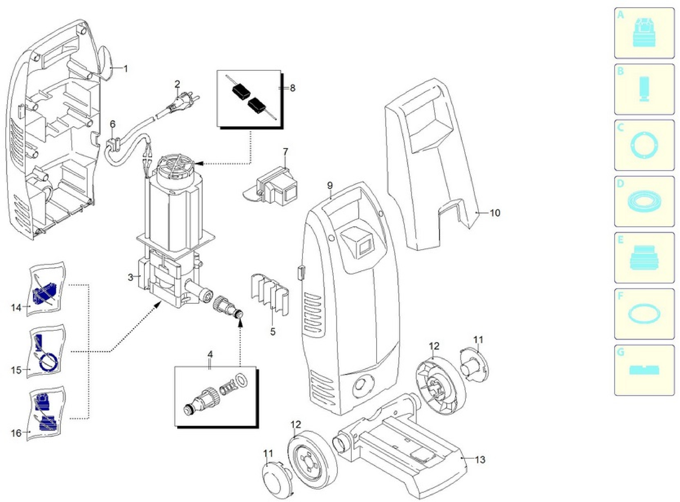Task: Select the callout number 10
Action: click(495, 213)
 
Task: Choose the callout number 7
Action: click(285, 151)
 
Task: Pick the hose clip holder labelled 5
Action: click(270, 294)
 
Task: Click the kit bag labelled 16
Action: click(46, 414)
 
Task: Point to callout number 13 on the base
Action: click(480, 460)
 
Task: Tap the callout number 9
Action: click(330, 185)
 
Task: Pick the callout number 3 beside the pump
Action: click(130, 277)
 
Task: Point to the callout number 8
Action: click(292, 88)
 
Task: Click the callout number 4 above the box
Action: click(210, 354)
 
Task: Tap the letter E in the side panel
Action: click(620, 240)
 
